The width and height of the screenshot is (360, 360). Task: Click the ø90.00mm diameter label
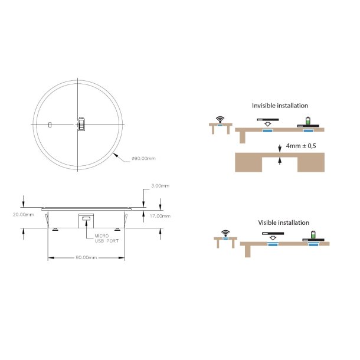click(x=143, y=158)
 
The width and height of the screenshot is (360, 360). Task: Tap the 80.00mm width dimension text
click(x=86, y=257)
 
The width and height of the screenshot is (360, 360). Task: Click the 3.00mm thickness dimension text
click(x=160, y=186)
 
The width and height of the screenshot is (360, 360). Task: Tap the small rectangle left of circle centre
click(x=50, y=125)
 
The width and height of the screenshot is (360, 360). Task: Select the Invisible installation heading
click(x=280, y=106)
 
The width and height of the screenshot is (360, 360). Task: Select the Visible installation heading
click(x=283, y=222)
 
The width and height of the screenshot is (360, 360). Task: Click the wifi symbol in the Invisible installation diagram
click(x=221, y=119)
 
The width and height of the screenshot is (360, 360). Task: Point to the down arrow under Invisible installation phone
click(x=269, y=125)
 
